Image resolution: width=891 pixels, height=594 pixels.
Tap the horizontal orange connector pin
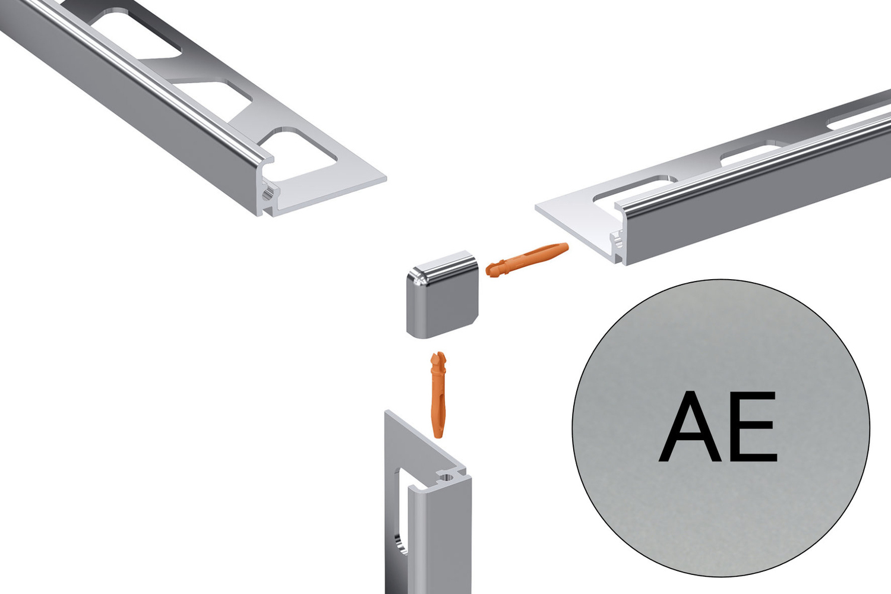(x=527, y=260)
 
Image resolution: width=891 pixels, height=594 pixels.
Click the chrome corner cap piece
(x=441, y=294)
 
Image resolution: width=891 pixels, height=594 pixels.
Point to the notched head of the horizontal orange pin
(x=494, y=268)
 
